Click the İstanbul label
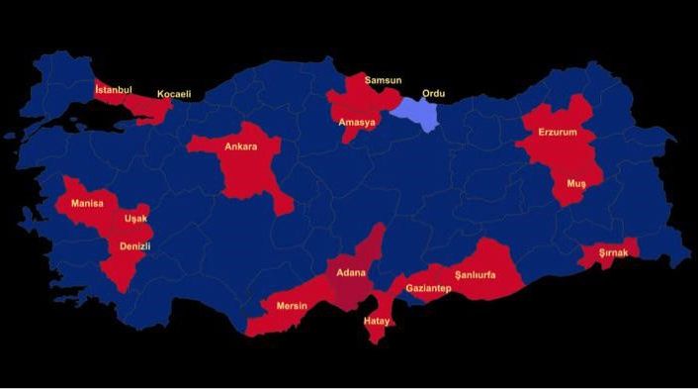coord(113,90)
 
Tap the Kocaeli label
coord(173,95)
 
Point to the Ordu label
coord(433,94)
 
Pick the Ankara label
coord(240,146)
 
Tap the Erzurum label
coord(557,132)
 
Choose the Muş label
coord(575,184)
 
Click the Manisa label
coord(87,203)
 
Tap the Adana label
coord(350,272)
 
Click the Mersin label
coord(292,305)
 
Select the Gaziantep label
coord(428,288)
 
